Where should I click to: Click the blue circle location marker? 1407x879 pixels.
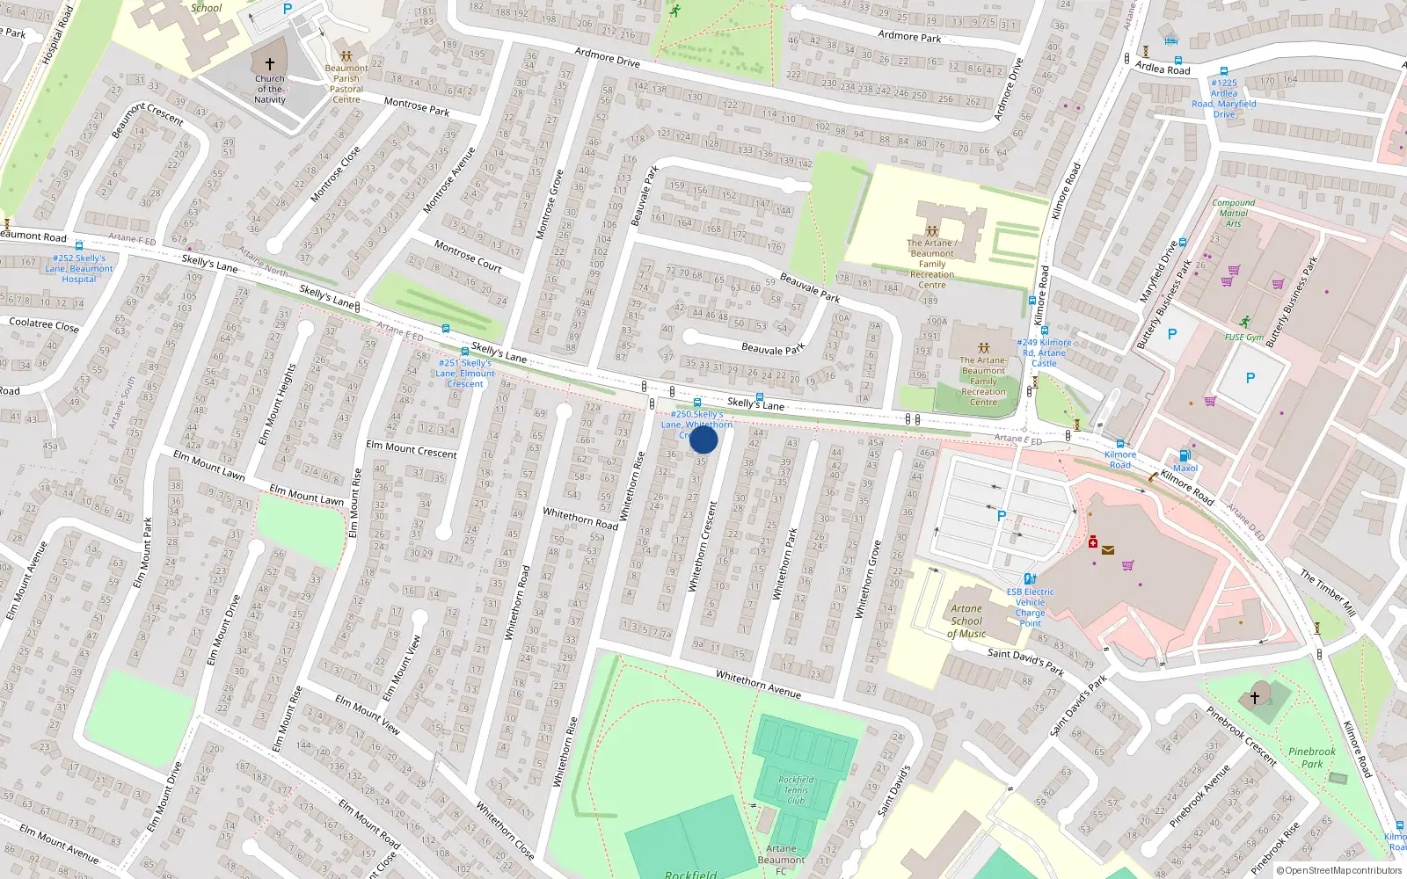[x=703, y=439]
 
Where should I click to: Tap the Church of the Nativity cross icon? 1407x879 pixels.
[x=269, y=64]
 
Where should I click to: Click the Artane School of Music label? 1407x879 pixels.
[x=966, y=621]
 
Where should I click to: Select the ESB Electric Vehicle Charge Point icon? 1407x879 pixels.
[x=1030, y=578]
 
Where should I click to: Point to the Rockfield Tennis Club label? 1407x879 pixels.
[x=796, y=789]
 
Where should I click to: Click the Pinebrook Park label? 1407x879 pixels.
[x=1311, y=758]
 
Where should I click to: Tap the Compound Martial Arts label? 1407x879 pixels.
[x=1233, y=213]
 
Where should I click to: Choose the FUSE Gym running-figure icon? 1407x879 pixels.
[x=1244, y=322]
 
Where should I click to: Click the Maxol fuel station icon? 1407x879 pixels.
[x=1185, y=455]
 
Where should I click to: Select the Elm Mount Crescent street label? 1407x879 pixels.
[x=412, y=449]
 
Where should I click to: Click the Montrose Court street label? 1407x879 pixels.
[x=468, y=256]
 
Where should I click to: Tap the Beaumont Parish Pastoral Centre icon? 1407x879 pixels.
[x=346, y=55]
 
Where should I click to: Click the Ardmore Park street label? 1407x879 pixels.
[x=909, y=36]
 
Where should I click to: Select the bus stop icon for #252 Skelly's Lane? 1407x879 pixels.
[x=79, y=247]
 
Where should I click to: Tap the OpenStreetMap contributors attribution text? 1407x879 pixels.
[x=1339, y=870]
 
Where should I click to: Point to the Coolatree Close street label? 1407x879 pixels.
[x=44, y=324]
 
